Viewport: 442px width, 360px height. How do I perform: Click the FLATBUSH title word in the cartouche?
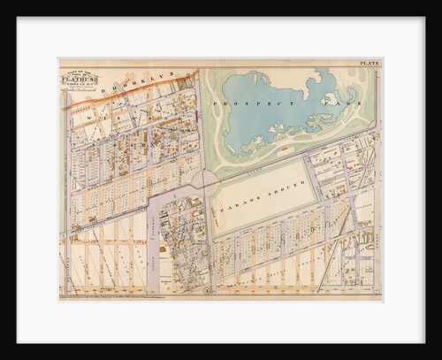74,79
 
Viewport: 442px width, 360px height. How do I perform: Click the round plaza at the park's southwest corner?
205,180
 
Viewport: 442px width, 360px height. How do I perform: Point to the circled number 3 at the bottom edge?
207,289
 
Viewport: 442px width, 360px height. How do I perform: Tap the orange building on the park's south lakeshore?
283,150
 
